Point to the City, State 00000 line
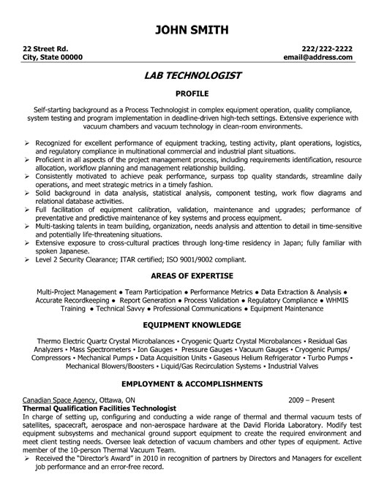point(53,56)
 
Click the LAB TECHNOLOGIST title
point(192,75)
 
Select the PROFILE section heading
point(192,94)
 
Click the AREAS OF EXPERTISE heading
point(192,255)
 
